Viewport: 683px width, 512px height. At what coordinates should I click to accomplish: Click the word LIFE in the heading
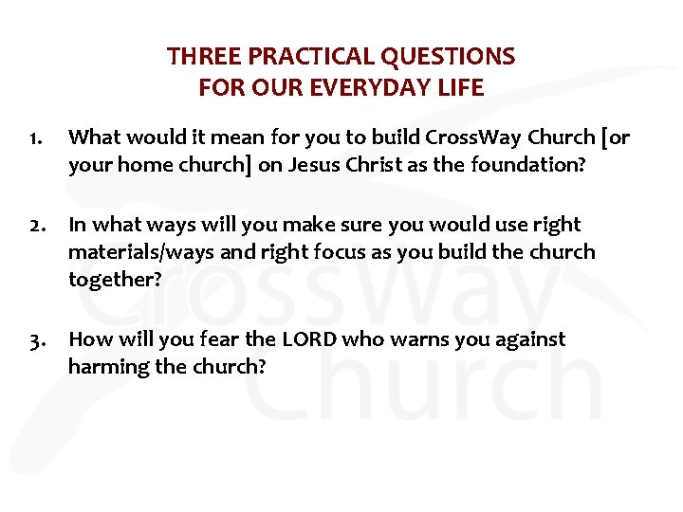tap(458, 88)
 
